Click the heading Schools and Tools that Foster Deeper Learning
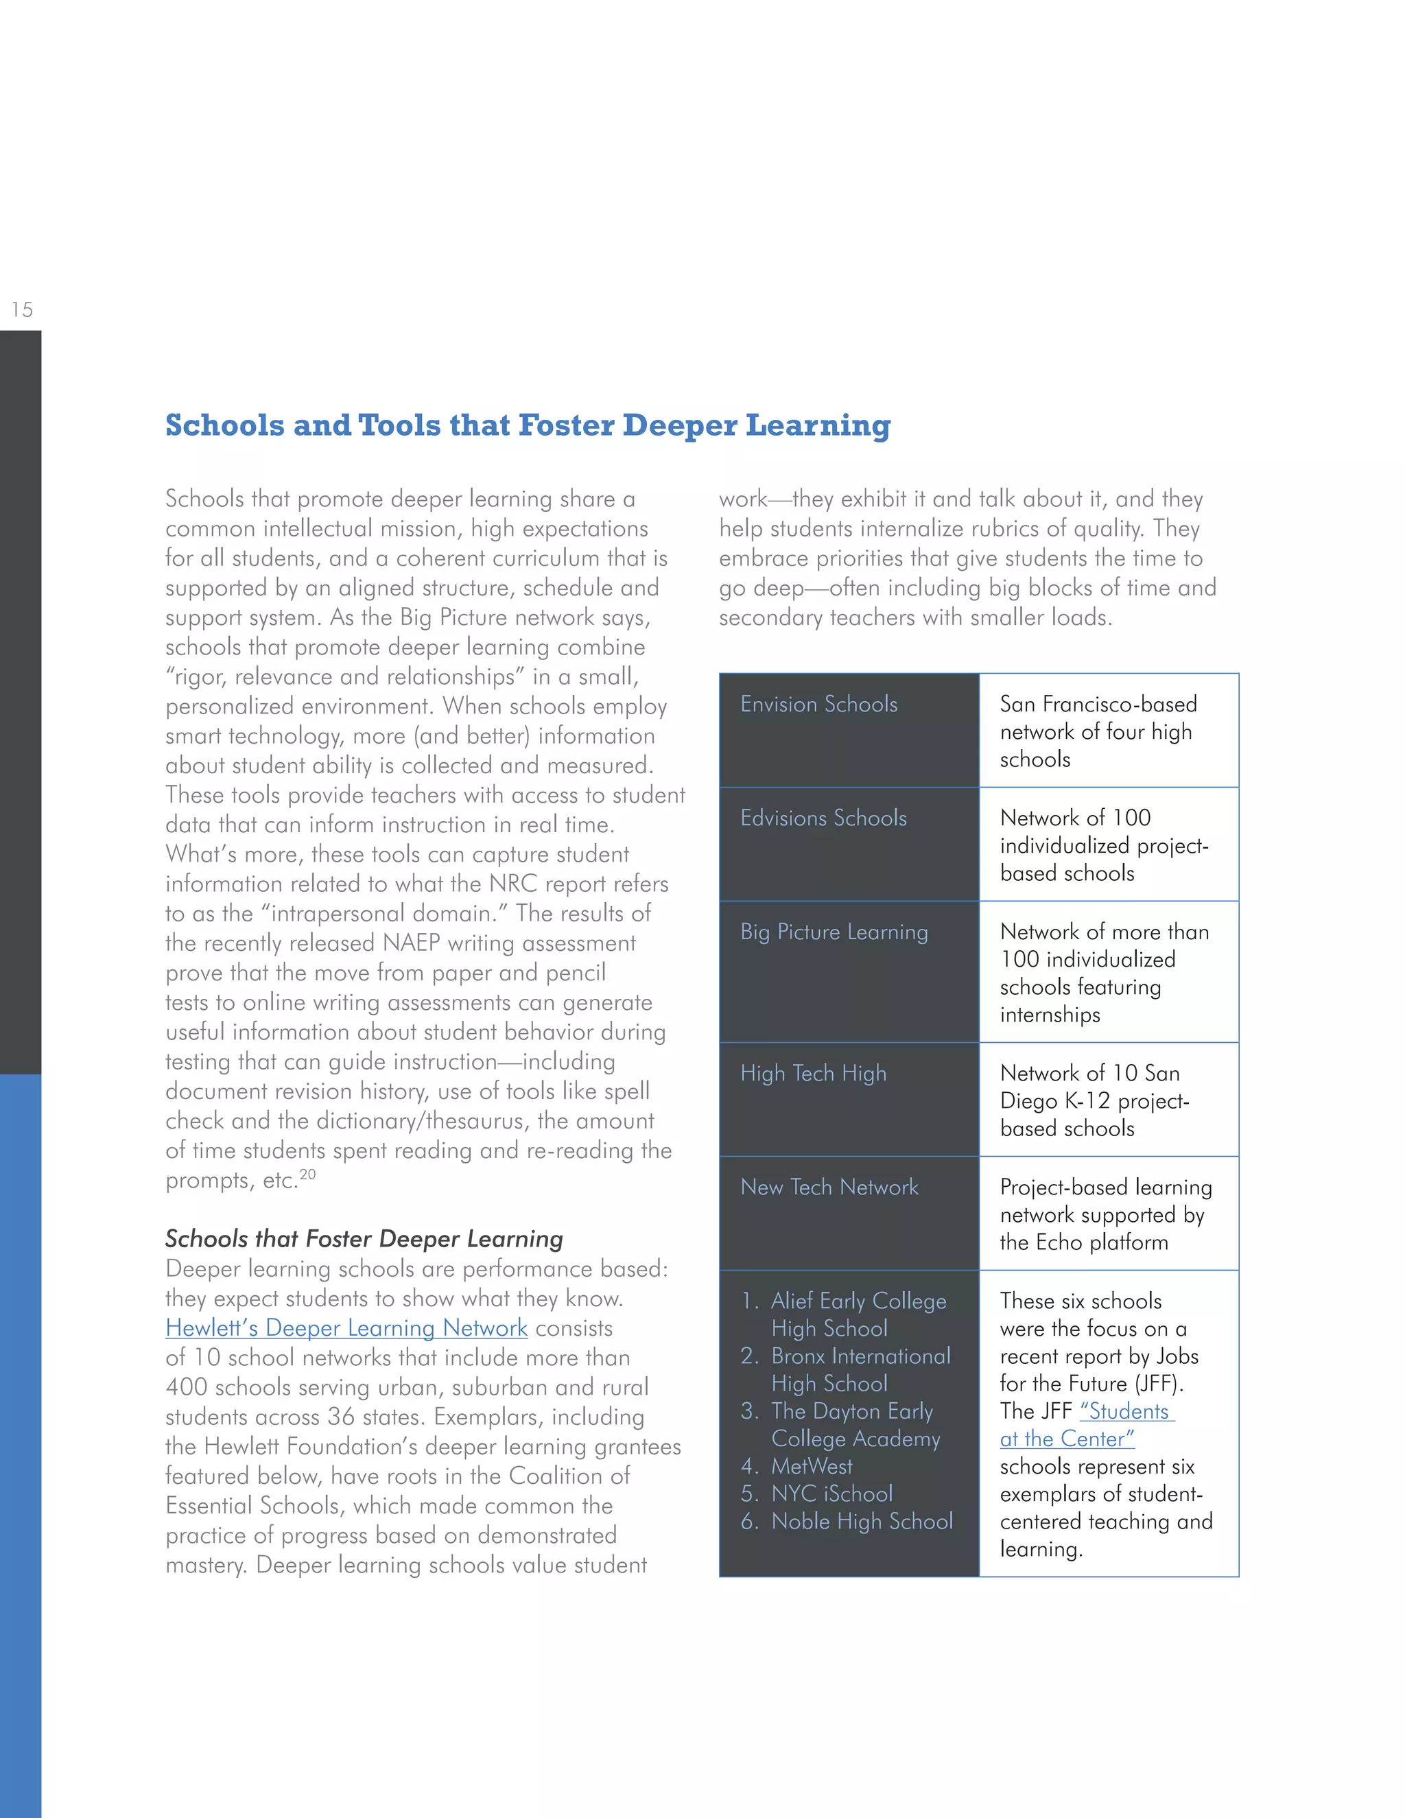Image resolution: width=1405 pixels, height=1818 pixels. click(528, 425)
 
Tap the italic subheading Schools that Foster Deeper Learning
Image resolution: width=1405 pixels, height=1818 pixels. click(364, 1238)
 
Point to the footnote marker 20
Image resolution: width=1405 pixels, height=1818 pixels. click(308, 1174)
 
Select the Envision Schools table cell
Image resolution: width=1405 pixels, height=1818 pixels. click(819, 705)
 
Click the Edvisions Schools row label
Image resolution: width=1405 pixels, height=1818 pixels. click(823, 818)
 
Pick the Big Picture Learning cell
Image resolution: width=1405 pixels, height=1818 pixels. click(834, 932)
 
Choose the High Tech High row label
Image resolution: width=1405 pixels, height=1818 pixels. click(813, 1074)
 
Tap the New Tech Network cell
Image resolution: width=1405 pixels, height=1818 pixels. click(829, 1187)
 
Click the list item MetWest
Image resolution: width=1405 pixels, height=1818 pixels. click(812, 1466)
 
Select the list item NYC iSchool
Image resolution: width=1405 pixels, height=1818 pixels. click(831, 1494)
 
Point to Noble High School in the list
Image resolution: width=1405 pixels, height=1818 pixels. click(862, 1521)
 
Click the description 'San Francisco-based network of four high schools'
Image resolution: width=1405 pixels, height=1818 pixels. click(1097, 732)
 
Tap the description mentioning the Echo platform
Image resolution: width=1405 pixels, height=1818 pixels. click(1105, 1214)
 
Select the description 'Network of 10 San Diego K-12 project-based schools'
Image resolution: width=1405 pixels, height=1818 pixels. click(1094, 1100)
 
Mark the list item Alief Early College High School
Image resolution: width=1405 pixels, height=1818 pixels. click(858, 1314)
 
